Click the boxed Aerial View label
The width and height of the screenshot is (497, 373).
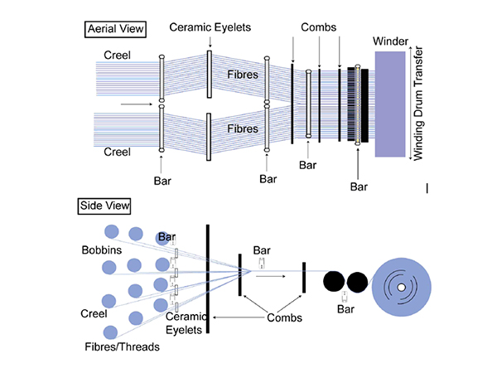[115, 29]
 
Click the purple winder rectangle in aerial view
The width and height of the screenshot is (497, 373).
[390, 103]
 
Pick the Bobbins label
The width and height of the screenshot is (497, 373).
[102, 249]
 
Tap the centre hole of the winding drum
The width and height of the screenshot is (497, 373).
[401, 288]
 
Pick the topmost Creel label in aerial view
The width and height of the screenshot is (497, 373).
[117, 55]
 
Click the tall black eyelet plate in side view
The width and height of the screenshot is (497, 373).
[207, 279]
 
